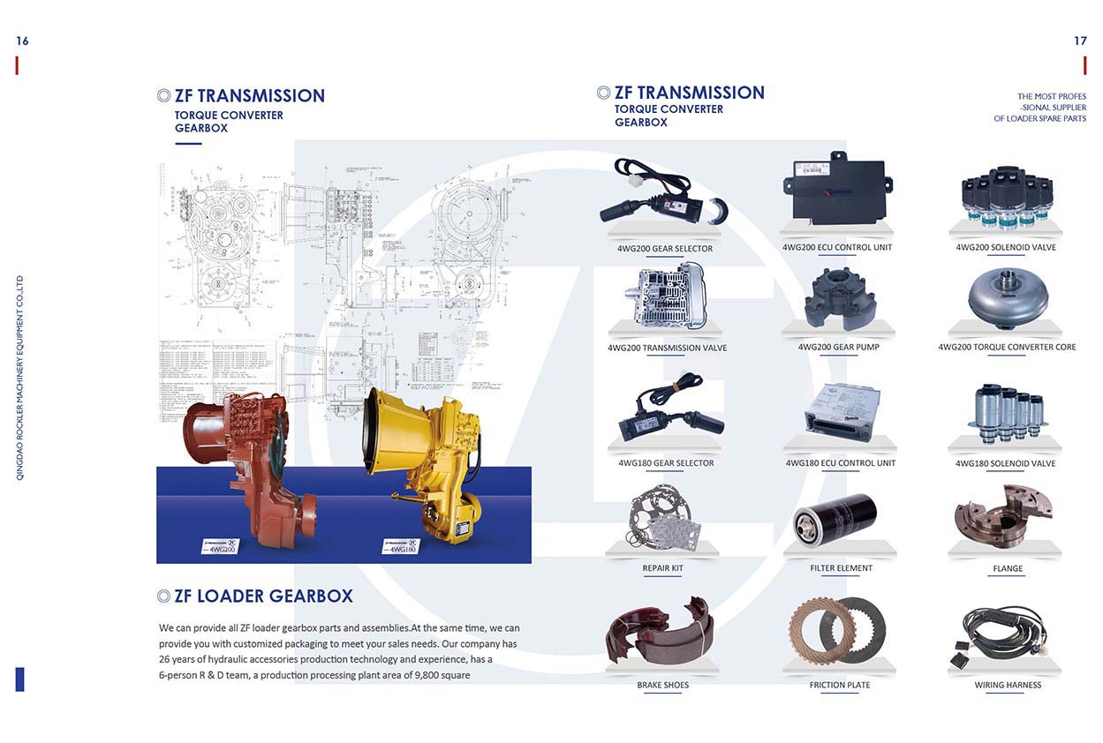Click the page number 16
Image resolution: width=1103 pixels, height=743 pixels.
click(22, 41)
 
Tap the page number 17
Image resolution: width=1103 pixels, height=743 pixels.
click(1080, 41)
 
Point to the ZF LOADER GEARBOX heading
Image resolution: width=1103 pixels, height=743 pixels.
click(263, 597)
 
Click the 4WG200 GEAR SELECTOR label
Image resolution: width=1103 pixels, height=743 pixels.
click(664, 249)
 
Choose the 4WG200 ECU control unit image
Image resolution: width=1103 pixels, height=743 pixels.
click(836, 191)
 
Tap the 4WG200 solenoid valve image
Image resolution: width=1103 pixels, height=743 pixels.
click(1006, 196)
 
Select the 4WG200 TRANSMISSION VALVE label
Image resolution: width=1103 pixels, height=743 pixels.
click(667, 348)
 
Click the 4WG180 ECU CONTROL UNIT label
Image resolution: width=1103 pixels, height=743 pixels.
click(840, 463)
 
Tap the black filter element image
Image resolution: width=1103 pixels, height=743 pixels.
click(835, 517)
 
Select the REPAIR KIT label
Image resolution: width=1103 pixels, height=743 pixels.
click(662, 568)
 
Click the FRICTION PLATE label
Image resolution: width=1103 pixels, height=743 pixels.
click(839, 685)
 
